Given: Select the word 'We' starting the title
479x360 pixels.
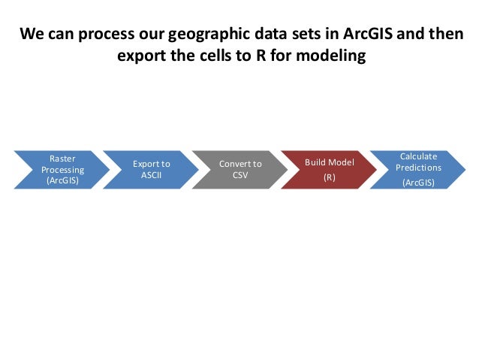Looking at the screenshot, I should [31, 35].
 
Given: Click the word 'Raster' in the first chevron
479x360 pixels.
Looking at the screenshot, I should [62, 159].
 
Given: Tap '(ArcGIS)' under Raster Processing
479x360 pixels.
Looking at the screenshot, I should [62, 180].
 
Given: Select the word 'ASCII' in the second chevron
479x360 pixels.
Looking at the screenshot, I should [151, 175].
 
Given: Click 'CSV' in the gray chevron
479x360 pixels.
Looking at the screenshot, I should [240, 175].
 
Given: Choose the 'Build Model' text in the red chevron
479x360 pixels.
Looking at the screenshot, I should [329, 162].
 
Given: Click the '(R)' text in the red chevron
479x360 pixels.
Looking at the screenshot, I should [329, 178].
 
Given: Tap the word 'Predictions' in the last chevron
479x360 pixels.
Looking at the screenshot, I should [418, 167].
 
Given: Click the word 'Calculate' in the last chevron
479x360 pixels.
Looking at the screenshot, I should [418, 156].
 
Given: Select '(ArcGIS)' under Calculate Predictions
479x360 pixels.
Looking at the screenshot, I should [418, 183].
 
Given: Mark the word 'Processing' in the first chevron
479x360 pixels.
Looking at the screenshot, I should [62, 170].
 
